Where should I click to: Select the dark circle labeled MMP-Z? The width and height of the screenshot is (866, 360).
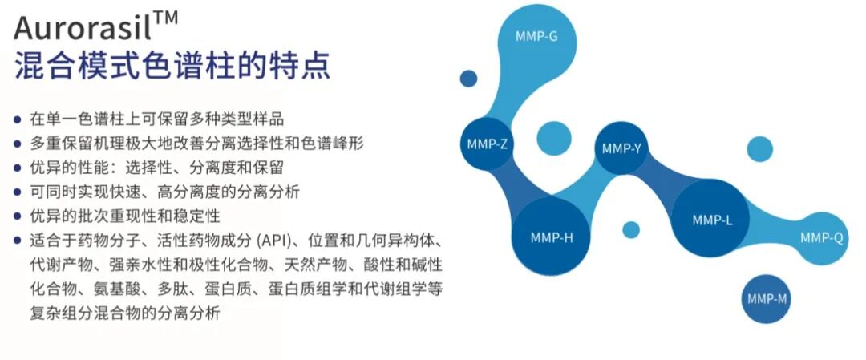coord(486,144)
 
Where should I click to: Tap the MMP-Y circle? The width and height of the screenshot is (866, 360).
coord(621,148)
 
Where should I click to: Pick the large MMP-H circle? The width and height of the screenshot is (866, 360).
coord(551,237)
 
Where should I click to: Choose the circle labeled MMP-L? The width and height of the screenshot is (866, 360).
coord(712,219)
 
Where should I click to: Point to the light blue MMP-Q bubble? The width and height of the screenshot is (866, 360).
coord(821,237)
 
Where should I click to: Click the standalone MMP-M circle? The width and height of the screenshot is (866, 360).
coord(767,299)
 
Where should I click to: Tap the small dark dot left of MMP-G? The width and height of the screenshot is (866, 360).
coord(468,78)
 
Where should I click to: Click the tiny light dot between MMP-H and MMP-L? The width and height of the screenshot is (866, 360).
coord(631,229)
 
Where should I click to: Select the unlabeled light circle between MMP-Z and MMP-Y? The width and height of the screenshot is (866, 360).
coord(553,138)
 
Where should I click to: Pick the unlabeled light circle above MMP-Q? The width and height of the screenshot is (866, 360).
coord(759,150)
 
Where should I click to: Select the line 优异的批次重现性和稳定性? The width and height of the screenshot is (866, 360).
coord(125,216)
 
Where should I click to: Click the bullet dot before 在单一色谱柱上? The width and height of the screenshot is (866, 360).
coord(17,119)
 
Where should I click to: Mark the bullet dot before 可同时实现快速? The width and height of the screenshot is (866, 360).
coord(17,192)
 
